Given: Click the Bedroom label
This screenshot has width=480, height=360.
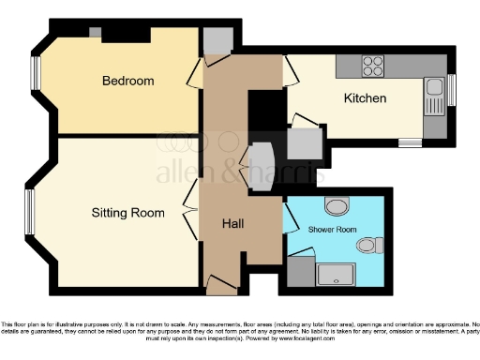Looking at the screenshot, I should pyautogui.click(x=128, y=81).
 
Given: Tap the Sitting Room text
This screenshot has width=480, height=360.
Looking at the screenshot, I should pyautogui.click(x=128, y=213).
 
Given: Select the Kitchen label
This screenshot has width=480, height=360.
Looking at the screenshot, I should pyautogui.click(x=365, y=97).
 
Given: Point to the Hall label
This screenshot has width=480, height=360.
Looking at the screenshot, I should pyautogui.click(x=233, y=223).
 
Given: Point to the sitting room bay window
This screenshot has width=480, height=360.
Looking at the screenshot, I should pyautogui.click(x=29, y=214).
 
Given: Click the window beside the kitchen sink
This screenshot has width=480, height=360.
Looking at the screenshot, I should pyautogui.click(x=451, y=90).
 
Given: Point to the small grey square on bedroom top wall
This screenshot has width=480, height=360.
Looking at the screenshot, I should pyautogui.click(x=95, y=32).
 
